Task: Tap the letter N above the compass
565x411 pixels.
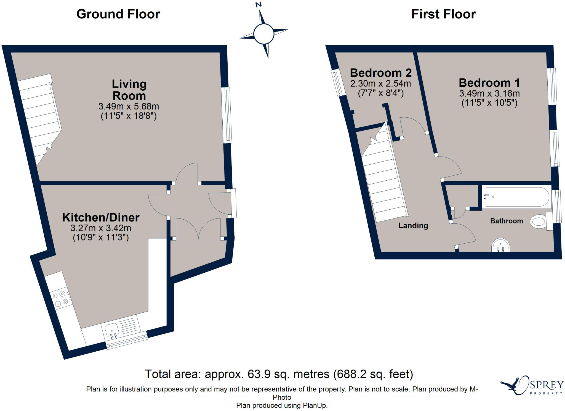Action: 258,4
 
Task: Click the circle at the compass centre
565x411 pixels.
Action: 264,34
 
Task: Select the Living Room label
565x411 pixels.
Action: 129,90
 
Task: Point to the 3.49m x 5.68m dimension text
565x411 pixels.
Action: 129,106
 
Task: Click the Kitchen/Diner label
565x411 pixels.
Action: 101,218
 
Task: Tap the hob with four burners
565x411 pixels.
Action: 61,299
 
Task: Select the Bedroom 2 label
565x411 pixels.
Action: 381,73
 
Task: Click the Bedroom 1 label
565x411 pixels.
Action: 489,83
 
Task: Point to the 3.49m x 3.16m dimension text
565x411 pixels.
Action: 489,93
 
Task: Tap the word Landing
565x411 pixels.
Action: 413,226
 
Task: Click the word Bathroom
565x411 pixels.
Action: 507,221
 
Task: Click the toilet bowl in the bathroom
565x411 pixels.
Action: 539,222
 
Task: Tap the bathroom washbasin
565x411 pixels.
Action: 500,245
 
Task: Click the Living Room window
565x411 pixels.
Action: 227,115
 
